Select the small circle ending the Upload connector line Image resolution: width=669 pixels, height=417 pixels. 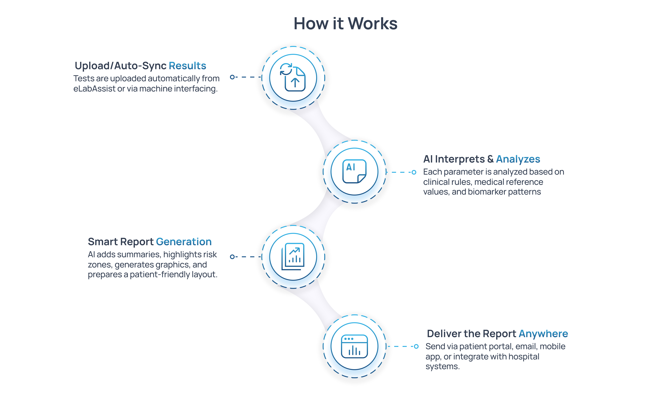click(x=232, y=77)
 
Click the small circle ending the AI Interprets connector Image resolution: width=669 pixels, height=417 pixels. click(x=414, y=172)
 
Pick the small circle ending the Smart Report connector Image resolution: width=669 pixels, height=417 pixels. click(x=232, y=257)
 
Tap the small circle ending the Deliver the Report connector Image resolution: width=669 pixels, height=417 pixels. click(x=416, y=346)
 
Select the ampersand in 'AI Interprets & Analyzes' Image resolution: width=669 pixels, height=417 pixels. click(x=490, y=159)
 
